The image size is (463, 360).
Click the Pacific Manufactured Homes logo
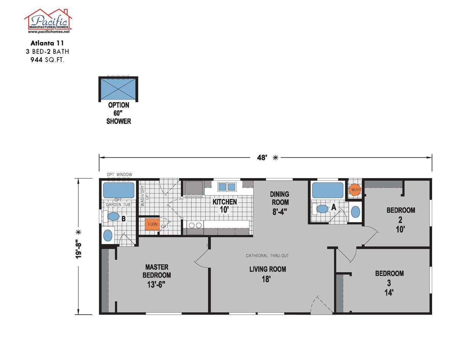(48, 21)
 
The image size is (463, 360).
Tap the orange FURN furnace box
(152, 224)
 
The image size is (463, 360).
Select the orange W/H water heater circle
(355, 190)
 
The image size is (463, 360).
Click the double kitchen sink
(227, 186)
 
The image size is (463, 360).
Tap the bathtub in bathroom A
(328, 190)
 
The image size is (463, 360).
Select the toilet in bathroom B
(113, 217)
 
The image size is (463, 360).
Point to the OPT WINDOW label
(119, 175)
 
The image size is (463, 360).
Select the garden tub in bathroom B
(119, 190)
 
